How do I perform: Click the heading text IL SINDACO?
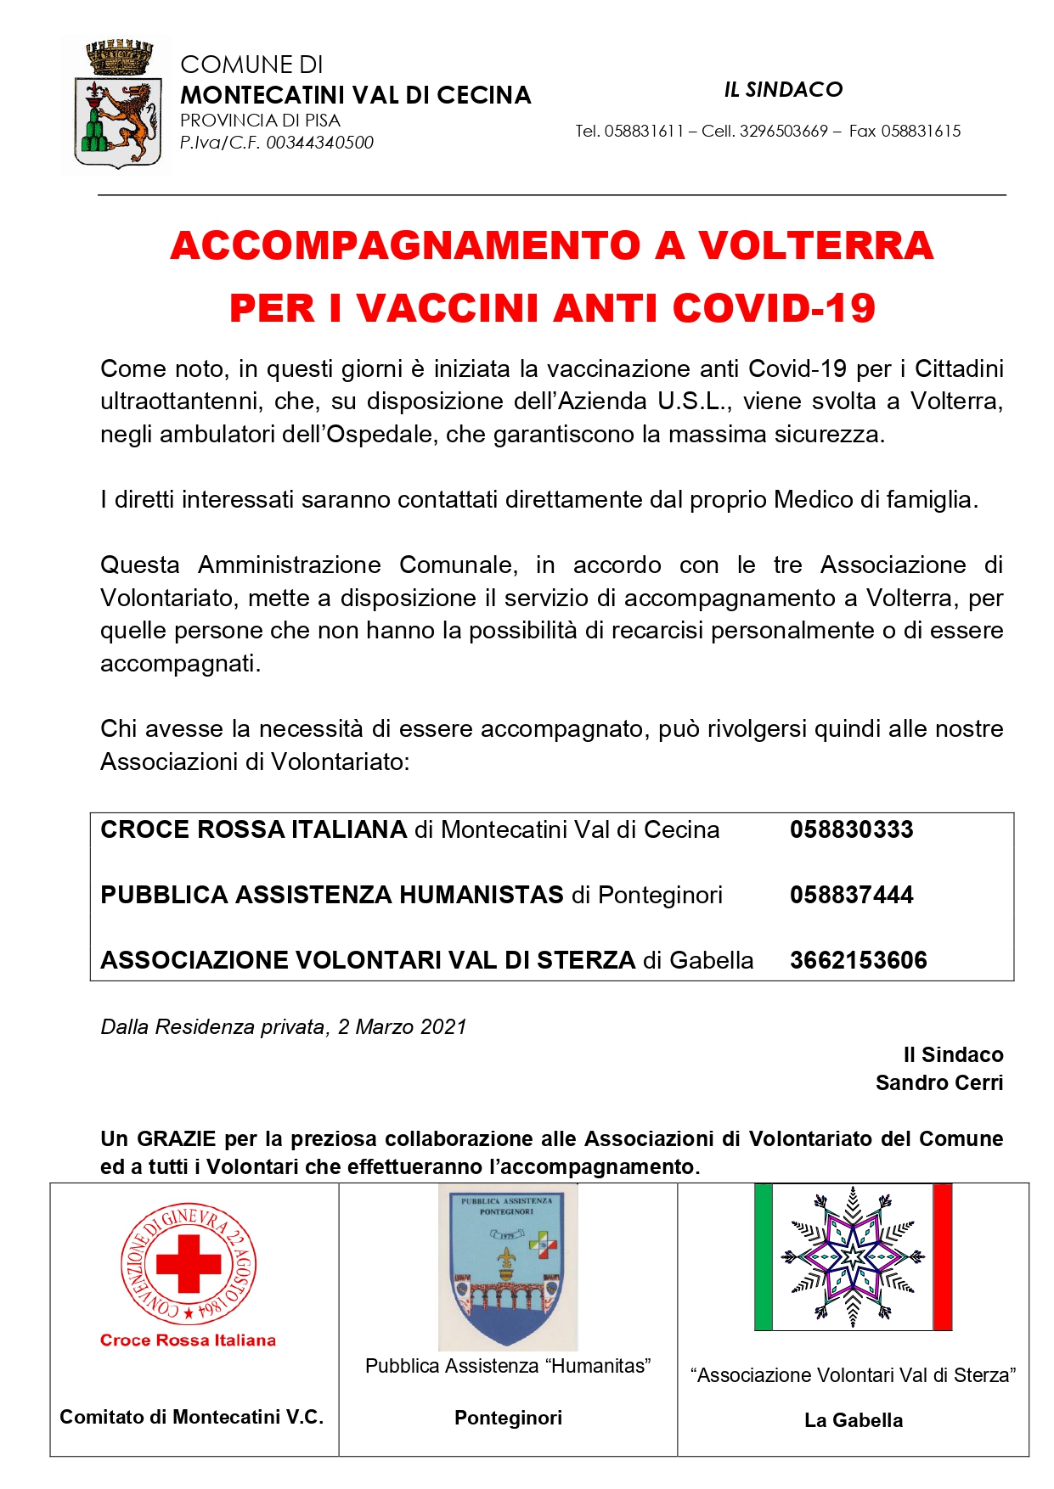tap(783, 90)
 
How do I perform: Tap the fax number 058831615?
tap(921, 131)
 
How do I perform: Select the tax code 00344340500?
tap(320, 143)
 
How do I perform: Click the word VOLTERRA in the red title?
tap(815, 246)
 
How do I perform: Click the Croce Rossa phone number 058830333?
tap(851, 829)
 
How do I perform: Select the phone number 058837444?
tap(851, 895)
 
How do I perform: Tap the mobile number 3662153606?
tap(858, 960)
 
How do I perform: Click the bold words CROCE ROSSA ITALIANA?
tap(254, 829)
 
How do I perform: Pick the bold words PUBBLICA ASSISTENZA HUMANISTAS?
tap(332, 895)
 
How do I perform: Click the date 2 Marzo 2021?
tap(403, 1027)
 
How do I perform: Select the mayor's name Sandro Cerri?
tap(939, 1083)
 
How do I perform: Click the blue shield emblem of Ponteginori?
tap(507, 1266)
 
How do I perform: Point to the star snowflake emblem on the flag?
tap(853, 1256)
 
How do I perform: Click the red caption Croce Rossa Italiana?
tap(188, 1340)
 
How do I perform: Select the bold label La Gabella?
tap(854, 1420)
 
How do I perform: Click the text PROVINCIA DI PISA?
tap(260, 121)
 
